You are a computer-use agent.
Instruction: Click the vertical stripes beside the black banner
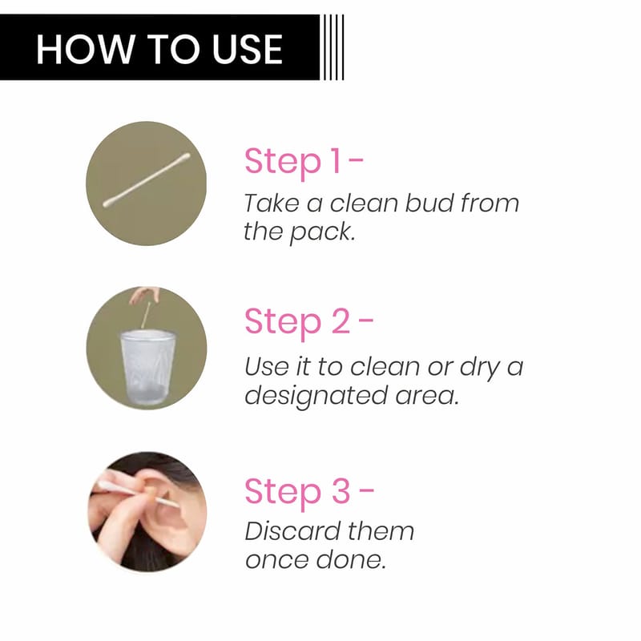pyautogui.click(x=333, y=47)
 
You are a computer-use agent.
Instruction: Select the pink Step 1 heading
pyautogui.click(x=304, y=162)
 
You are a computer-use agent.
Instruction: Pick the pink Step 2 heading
pyautogui.click(x=309, y=322)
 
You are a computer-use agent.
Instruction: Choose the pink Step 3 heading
pyautogui.click(x=309, y=491)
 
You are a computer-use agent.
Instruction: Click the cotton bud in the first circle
pyautogui.click(x=147, y=180)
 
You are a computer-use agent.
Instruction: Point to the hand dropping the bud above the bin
pyautogui.click(x=144, y=294)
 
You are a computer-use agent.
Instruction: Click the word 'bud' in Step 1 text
pyautogui.click(x=429, y=203)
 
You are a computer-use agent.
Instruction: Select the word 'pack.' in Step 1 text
pyautogui.click(x=322, y=232)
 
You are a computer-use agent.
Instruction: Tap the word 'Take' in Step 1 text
pyautogui.click(x=271, y=203)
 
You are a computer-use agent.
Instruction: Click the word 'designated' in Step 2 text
pyautogui.click(x=316, y=397)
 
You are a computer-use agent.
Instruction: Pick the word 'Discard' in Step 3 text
pyautogui.click(x=292, y=531)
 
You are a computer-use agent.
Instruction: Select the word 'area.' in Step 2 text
pyautogui.click(x=427, y=397)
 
